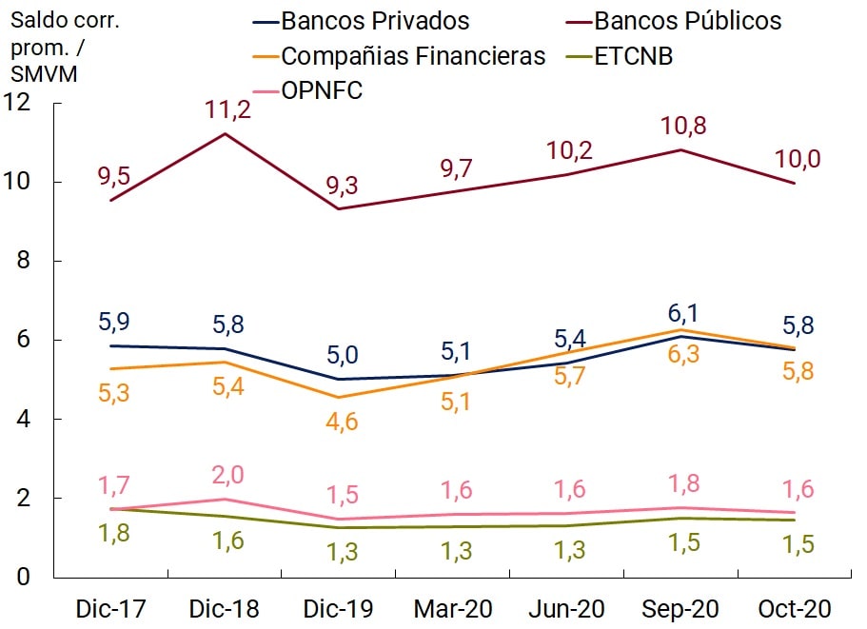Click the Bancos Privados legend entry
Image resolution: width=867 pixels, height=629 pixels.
pyautogui.click(x=363, y=21)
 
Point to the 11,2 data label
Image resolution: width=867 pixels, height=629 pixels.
pyautogui.click(x=227, y=109)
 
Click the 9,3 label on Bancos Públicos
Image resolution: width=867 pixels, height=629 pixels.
pyautogui.click(x=340, y=187)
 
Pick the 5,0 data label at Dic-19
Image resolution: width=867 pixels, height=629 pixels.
pyautogui.click(x=340, y=356)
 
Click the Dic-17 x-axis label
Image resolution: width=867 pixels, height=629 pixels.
pyautogui.click(x=112, y=608)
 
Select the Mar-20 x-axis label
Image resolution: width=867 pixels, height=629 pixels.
pyautogui.click(x=453, y=608)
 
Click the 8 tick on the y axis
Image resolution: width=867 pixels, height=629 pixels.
pyautogui.click(x=32, y=261)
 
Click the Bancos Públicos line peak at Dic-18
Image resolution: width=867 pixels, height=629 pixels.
pyautogui.click(x=226, y=133)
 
